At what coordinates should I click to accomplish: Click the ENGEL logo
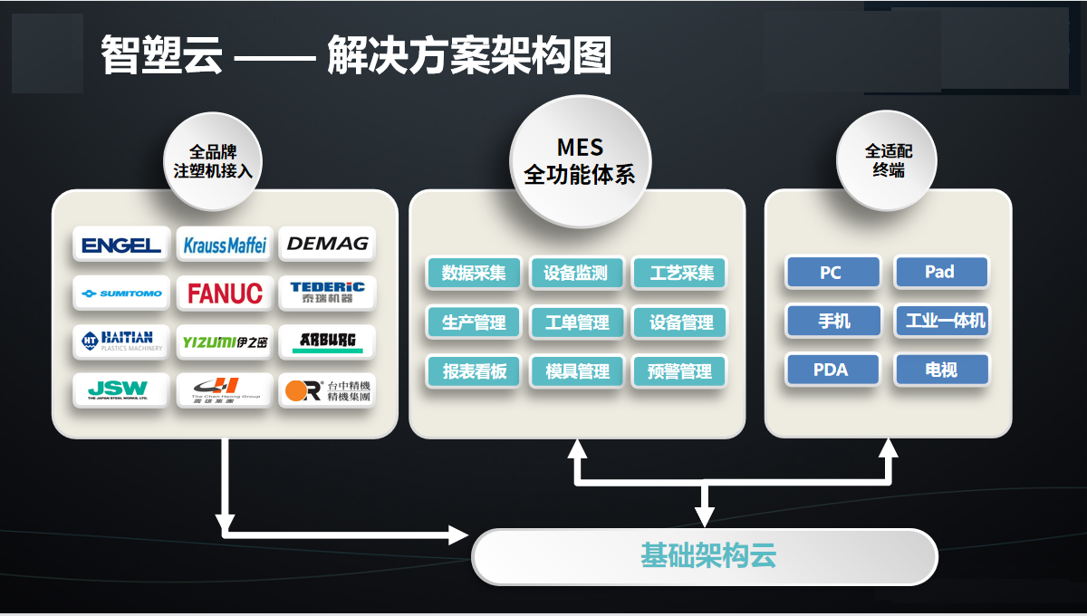coord(121,245)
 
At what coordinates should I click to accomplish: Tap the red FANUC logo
coord(225,294)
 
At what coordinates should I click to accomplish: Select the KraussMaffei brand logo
coord(225,245)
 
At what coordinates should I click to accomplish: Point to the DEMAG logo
coord(327,244)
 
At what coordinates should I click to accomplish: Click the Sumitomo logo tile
coord(121,294)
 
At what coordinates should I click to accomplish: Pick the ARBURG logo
coord(327,342)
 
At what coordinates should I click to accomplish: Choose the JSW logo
coord(121,390)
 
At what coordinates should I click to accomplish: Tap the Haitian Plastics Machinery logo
coord(121,342)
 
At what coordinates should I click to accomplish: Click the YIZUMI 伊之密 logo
coord(225,342)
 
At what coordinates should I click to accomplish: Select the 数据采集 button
coord(474,273)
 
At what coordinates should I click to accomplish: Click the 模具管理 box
coord(577,371)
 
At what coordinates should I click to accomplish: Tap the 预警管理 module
coord(680,371)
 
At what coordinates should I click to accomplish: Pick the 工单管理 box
coord(577,322)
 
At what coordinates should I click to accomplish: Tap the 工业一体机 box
coord(942,321)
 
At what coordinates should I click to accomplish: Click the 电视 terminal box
coord(942,371)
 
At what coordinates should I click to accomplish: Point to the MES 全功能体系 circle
coord(580,161)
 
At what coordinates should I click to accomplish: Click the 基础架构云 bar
coord(705,556)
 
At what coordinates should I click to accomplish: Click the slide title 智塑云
coord(161,56)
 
